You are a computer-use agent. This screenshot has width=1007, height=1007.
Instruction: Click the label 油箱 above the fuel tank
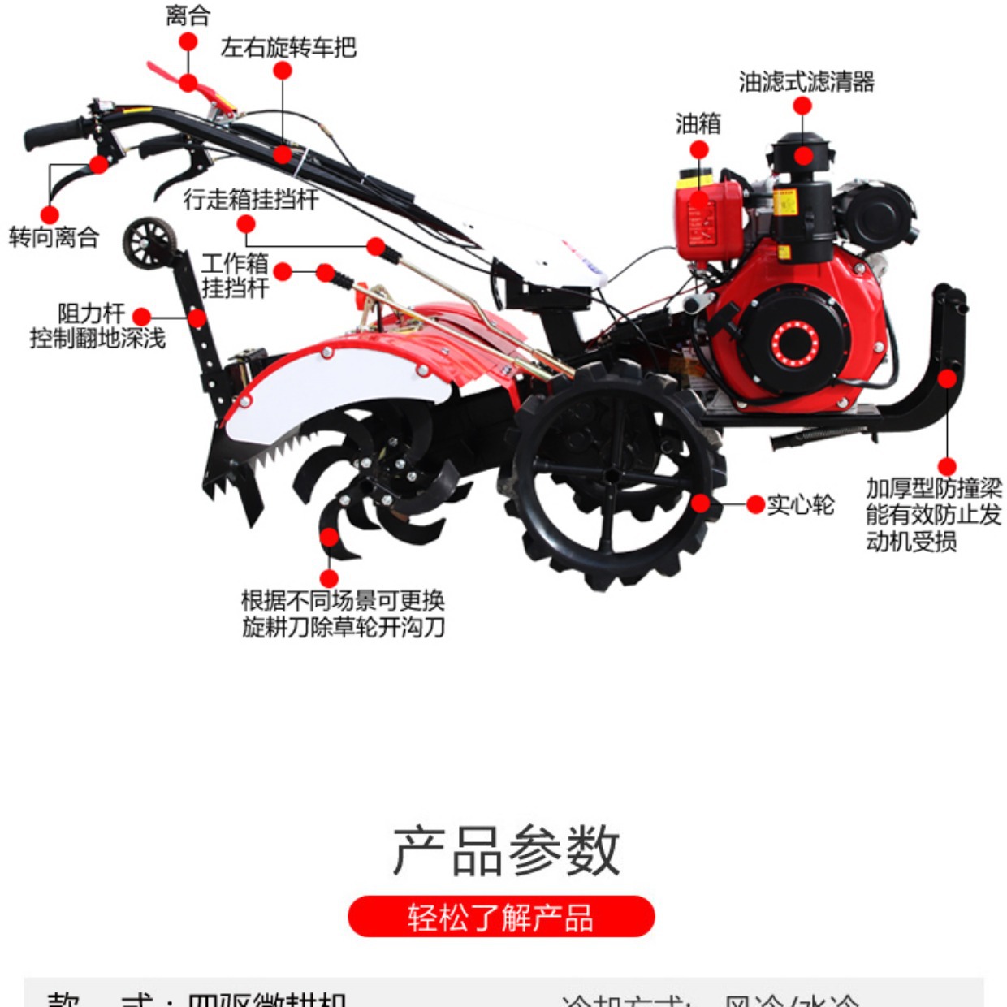coord(698,123)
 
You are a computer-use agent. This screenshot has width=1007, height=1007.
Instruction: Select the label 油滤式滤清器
coord(806,82)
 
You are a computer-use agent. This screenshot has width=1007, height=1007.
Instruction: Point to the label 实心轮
coord(800,505)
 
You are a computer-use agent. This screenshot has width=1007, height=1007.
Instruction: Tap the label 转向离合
coord(54,237)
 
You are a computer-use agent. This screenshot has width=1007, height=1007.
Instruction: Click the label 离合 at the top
coord(188,15)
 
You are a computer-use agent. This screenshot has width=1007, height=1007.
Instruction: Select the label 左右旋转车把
coord(288,48)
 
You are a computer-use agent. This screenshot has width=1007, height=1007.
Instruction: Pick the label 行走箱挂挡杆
coord(251,199)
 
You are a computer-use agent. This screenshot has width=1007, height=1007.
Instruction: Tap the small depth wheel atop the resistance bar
coord(150,240)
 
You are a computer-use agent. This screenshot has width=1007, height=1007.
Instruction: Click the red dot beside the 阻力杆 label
coord(142,317)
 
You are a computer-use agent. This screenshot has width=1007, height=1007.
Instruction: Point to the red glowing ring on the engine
coord(796,344)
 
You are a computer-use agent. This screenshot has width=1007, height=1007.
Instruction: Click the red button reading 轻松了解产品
coord(501,918)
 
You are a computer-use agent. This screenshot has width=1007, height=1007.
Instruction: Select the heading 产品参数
coord(505,851)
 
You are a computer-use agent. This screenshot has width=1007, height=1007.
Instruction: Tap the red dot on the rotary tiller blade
coord(329,537)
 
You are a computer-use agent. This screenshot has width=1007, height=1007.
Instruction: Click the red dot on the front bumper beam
coord(947,378)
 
